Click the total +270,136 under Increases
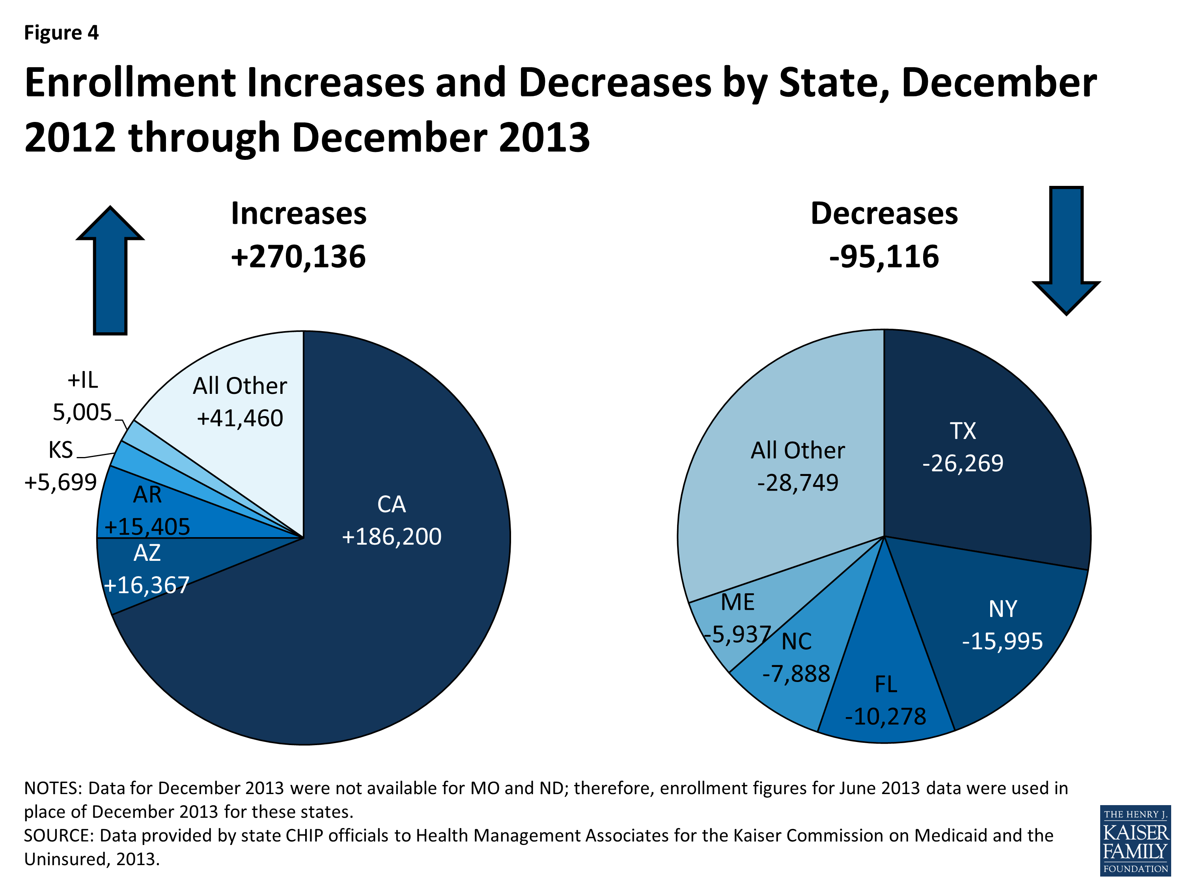tap(299, 257)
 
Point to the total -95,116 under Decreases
tap(884, 257)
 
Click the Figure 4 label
tap(62, 33)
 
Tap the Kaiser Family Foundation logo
tap(1135, 840)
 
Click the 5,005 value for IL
tap(82, 412)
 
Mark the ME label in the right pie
tap(737, 602)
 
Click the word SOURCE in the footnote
tap(56, 836)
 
